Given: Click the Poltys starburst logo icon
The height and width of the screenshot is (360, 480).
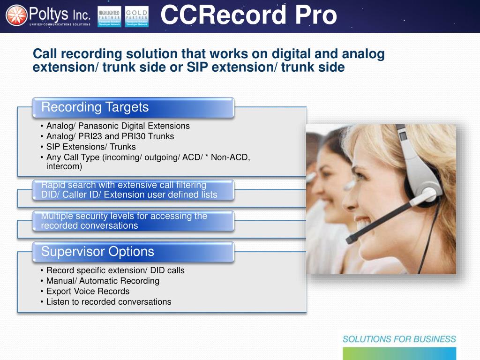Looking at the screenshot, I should click(x=16, y=15).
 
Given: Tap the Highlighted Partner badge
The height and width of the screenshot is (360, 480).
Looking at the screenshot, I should click(x=109, y=16).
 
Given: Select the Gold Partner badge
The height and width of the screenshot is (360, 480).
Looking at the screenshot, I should click(x=137, y=16).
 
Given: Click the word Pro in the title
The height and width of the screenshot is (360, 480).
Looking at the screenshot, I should click(x=315, y=15).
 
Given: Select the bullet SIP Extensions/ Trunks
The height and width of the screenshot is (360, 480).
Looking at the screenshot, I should click(x=91, y=147).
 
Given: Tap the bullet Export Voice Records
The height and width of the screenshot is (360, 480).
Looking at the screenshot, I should click(x=88, y=291).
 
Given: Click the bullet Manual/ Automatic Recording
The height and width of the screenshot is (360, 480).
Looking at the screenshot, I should click(x=103, y=281).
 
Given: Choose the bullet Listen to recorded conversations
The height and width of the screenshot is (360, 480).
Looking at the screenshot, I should click(x=109, y=302).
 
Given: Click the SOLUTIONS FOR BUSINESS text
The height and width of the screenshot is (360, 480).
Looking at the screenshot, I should click(x=399, y=339).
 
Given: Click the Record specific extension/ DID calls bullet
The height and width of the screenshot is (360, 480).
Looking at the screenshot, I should click(x=115, y=270).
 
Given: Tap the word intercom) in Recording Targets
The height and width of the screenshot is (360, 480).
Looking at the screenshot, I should click(x=64, y=166).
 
